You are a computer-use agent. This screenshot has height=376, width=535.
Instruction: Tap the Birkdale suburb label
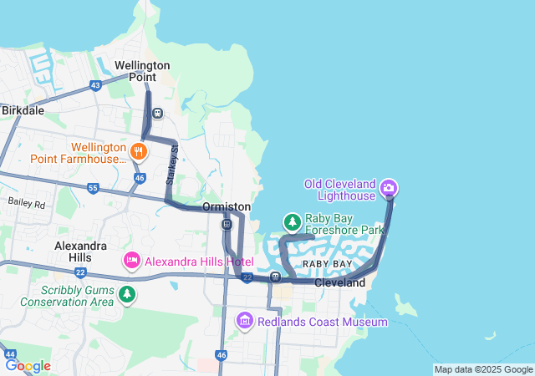[x=23, y=109]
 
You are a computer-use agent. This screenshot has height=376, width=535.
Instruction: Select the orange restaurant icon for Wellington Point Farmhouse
[x=139, y=151]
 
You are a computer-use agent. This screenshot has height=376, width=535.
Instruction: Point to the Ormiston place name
[x=227, y=206]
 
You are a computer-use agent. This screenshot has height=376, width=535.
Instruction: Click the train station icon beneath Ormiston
[x=227, y=224]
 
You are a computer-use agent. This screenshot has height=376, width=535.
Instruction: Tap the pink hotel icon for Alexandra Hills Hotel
[x=131, y=262]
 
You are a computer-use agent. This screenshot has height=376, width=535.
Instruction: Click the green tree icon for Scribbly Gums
[x=126, y=294]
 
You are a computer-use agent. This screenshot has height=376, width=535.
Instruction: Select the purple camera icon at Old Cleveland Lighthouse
[x=388, y=187]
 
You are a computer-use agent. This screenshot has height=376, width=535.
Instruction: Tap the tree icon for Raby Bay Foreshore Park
[x=292, y=222]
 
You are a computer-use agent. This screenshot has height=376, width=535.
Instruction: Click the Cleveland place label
[x=340, y=283]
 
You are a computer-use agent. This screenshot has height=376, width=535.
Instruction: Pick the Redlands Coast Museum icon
[x=244, y=321]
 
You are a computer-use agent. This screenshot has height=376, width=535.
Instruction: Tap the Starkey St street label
[x=172, y=165]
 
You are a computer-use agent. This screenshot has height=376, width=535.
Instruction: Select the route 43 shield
[x=96, y=85]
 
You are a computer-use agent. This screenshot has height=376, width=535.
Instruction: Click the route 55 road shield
[x=93, y=188]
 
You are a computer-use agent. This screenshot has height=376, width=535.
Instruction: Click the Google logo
[x=28, y=366]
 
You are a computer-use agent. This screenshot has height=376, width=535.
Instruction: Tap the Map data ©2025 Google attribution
[x=483, y=369]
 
